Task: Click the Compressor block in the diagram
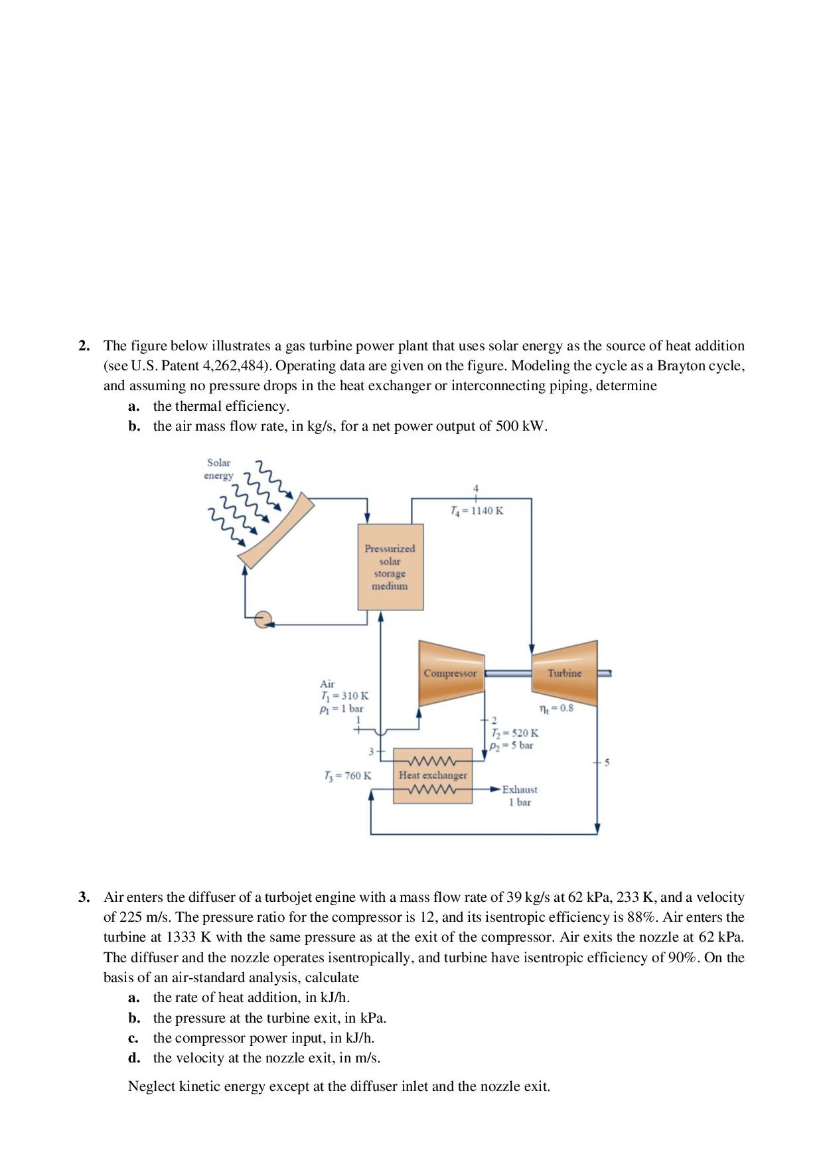pyautogui.click(x=451, y=674)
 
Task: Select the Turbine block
pyautogui.click(x=564, y=673)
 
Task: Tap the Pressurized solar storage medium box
pyautogui.click(x=390, y=567)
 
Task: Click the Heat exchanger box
pyautogui.click(x=433, y=775)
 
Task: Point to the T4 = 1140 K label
pyautogui.click(x=476, y=511)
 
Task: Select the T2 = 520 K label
pyautogui.click(x=514, y=733)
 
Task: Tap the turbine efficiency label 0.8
pyautogui.click(x=557, y=708)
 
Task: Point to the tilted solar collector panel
pyautogui.click(x=276, y=531)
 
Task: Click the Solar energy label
pyautogui.click(x=218, y=469)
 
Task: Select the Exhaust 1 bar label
pyautogui.click(x=519, y=796)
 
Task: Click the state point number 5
pyautogui.click(x=605, y=763)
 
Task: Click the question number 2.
pyautogui.click(x=84, y=346)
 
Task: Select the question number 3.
pyautogui.click(x=84, y=898)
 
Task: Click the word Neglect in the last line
pyautogui.click(x=152, y=1086)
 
